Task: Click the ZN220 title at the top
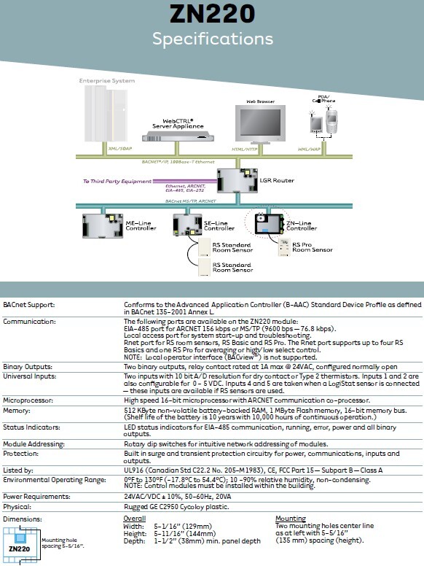[212, 14]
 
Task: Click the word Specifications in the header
[212, 38]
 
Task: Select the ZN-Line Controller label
[302, 225]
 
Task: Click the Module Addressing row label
[34, 443]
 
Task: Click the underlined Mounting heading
[290, 519]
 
